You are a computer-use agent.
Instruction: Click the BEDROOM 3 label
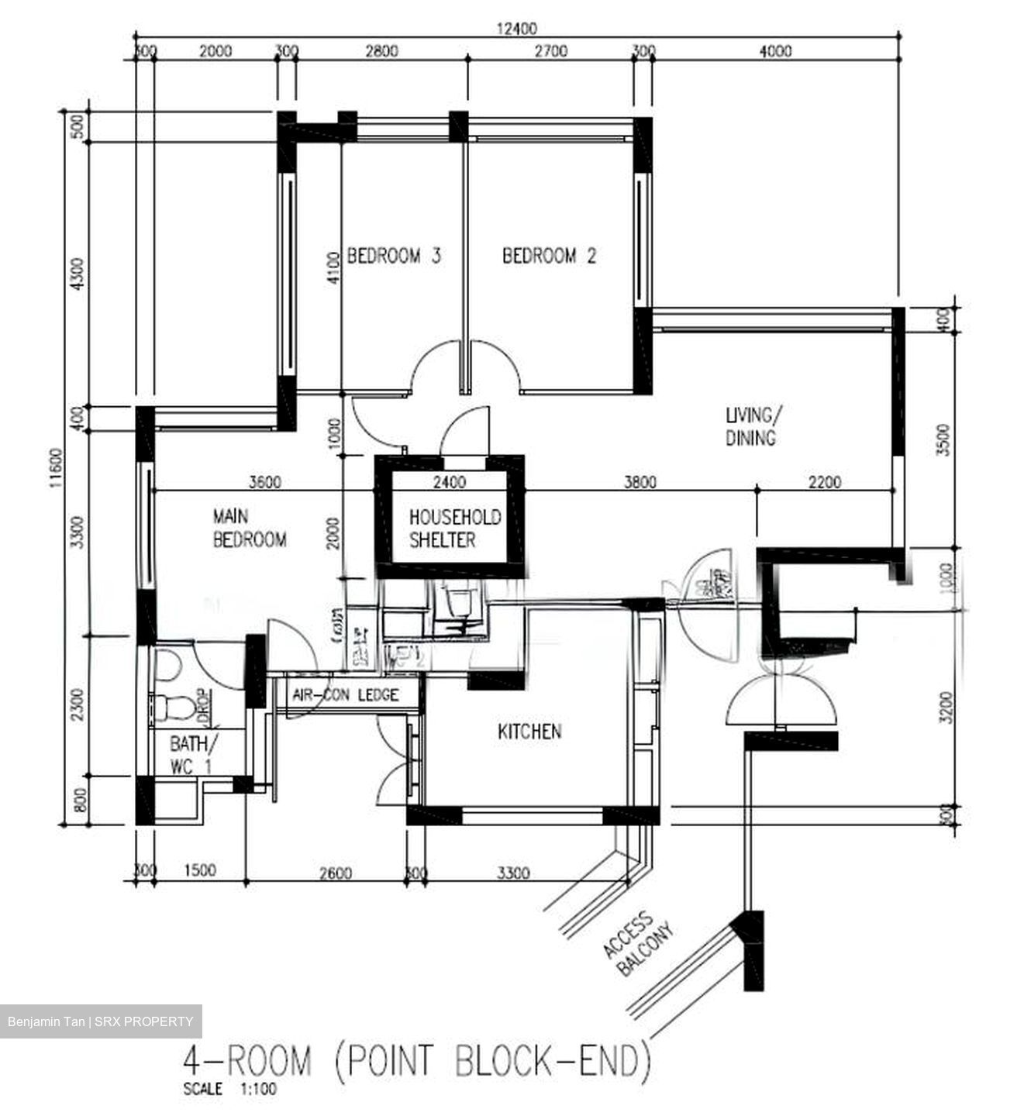click(394, 256)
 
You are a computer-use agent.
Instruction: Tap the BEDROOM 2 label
click(550, 256)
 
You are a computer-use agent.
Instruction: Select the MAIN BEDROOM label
click(249, 528)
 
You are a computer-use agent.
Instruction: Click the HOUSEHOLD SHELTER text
click(454, 529)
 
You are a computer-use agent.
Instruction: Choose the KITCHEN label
click(529, 731)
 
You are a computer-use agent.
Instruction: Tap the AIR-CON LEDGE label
click(345, 694)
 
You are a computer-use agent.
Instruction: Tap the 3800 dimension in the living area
click(640, 482)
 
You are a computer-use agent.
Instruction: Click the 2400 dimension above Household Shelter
click(449, 482)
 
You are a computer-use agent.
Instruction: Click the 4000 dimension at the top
click(775, 51)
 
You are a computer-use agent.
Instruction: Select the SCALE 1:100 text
click(229, 1089)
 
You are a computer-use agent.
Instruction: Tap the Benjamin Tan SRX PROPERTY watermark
click(100, 1021)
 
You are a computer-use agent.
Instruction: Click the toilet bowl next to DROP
click(168, 705)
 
